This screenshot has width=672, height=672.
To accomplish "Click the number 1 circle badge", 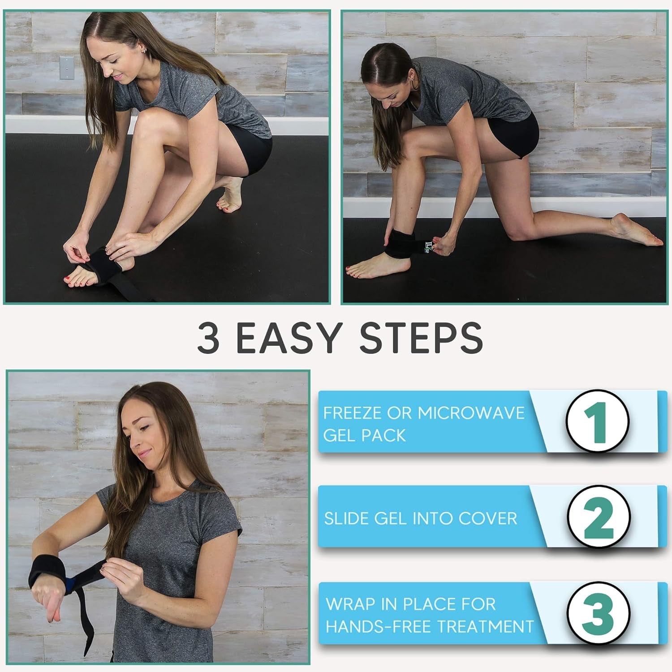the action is (597, 422).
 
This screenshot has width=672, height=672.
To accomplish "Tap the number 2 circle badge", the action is (599, 517).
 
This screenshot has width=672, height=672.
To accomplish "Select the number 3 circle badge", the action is (598, 613).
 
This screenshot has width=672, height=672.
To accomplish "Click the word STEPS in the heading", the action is (421, 337).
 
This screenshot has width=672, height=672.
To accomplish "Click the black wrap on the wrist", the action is (48, 573).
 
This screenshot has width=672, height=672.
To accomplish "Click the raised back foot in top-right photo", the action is (636, 231).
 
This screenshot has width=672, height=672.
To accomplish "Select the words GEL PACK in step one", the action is (364, 435).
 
